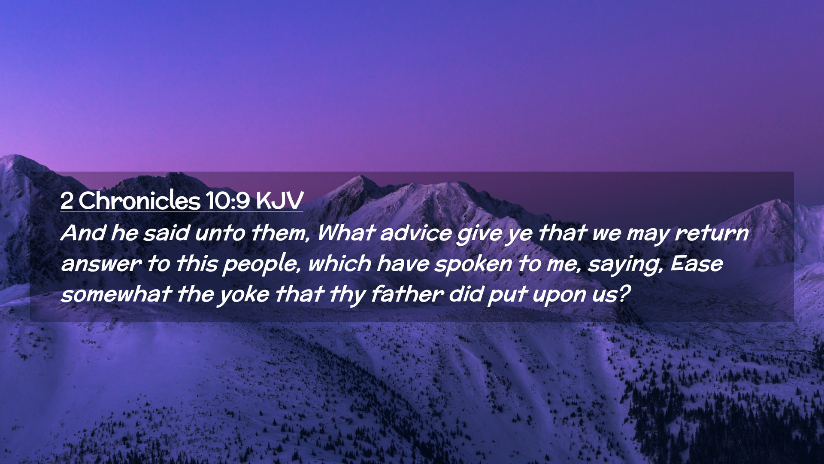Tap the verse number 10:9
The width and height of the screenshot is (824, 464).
click(227, 200)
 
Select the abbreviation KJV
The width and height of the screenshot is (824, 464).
click(280, 200)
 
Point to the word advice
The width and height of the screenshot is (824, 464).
click(415, 233)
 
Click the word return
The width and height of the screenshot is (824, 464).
click(712, 233)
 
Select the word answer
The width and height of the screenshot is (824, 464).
click(101, 264)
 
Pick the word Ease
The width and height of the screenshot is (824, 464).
click(697, 263)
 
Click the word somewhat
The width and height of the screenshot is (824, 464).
click(116, 294)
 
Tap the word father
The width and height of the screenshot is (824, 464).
click(406, 294)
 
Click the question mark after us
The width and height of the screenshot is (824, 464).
click(624, 294)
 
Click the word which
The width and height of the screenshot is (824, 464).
click(339, 263)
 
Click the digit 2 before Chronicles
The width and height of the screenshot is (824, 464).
click(67, 201)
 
